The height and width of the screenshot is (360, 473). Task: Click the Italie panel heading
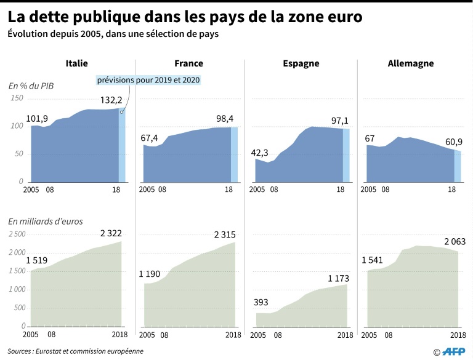(77, 63)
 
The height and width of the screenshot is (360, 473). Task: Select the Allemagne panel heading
(411, 63)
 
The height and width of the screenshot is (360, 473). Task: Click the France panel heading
(189, 63)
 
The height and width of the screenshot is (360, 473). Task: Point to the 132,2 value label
(111, 100)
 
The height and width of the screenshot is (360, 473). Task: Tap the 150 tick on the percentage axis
(17, 98)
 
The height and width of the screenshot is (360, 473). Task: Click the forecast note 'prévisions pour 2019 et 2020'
(148, 81)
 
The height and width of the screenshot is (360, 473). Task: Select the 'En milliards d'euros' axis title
(46, 220)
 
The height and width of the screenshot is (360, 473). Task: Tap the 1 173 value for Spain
(339, 279)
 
